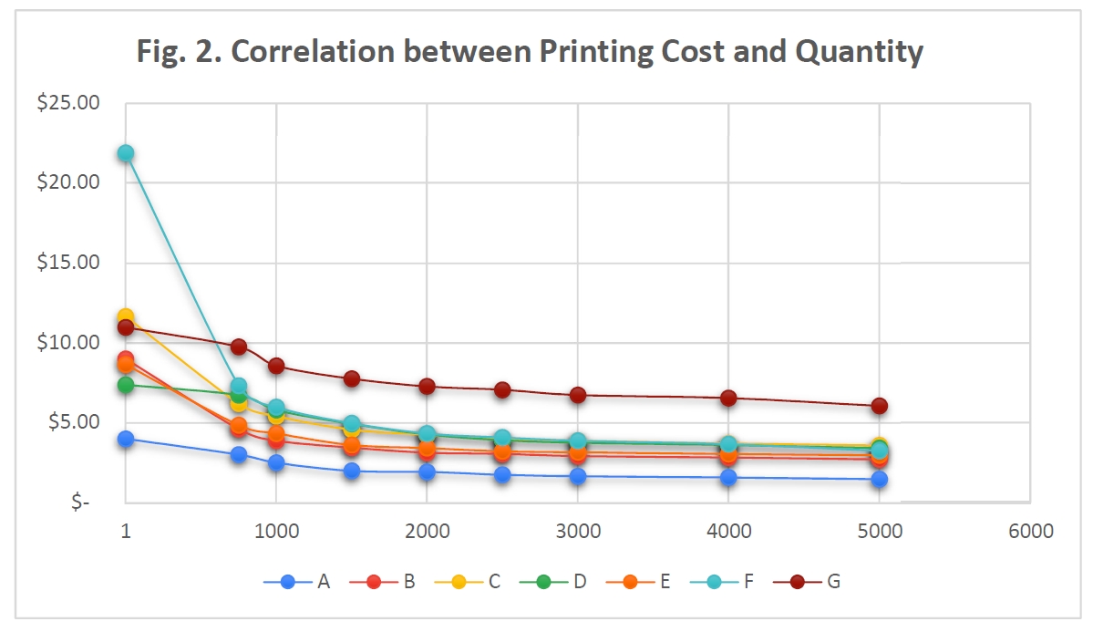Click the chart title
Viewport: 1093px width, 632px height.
(530, 53)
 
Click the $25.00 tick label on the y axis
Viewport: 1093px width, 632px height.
(68, 102)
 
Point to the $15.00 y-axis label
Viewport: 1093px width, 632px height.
(68, 263)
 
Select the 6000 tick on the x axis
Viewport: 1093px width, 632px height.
(1030, 531)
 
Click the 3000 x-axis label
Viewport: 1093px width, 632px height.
(578, 531)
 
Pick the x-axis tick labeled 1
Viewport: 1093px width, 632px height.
(126, 531)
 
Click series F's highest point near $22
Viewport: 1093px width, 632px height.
(126, 153)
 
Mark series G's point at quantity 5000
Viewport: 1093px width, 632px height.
(879, 406)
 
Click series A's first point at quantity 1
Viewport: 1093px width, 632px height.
(126, 439)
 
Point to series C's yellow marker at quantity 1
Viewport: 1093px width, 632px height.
(126, 317)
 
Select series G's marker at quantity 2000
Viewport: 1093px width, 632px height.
(427, 386)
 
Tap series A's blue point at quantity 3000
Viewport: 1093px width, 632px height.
(578, 476)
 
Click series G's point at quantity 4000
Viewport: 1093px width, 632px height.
(728, 398)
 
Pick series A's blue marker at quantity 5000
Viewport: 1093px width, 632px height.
(879, 480)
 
